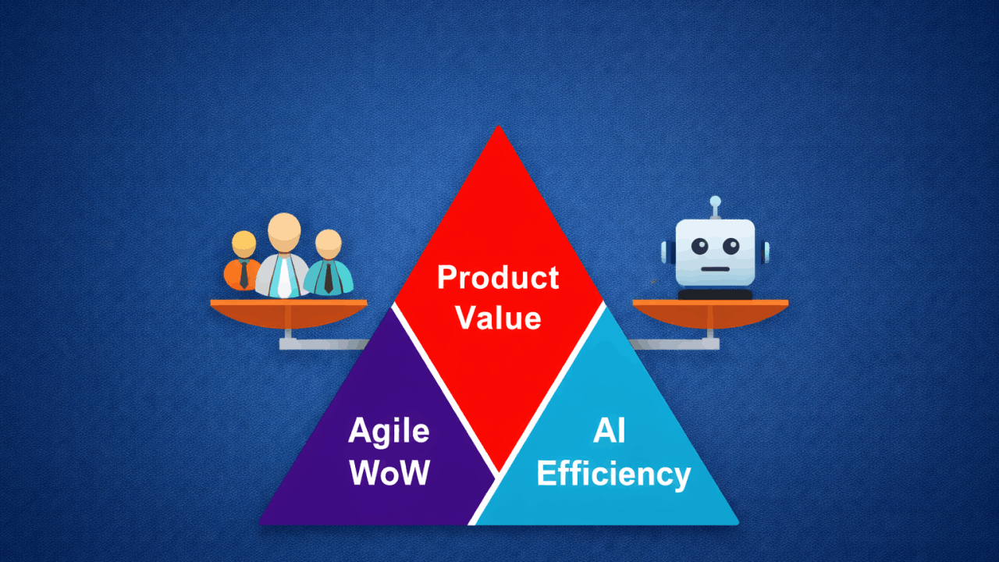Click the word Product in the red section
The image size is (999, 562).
[x=498, y=278]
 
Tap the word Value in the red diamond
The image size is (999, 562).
[x=498, y=318]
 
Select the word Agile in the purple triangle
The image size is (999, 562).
[x=389, y=432]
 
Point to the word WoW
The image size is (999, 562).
[x=389, y=472]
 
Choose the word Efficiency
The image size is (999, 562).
[x=613, y=473]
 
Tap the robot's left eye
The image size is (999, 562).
[x=699, y=247]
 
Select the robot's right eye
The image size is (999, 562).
[x=731, y=247]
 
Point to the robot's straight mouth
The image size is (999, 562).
[x=715, y=270]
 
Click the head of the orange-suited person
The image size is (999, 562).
[x=244, y=244]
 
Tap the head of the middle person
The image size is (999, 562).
[x=284, y=230]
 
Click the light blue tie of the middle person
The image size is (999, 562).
[x=285, y=277]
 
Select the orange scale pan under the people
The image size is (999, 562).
[x=289, y=314]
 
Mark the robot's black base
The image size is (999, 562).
[x=715, y=294]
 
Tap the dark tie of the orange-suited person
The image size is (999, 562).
[x=244, y=275]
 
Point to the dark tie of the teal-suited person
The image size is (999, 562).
[x=329, y=277]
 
